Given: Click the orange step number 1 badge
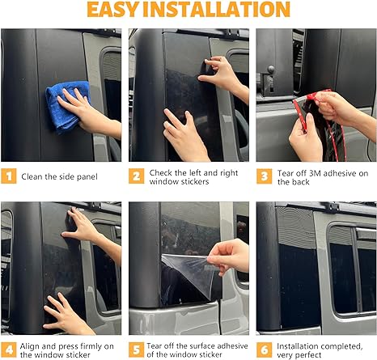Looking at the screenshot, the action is [9, 176].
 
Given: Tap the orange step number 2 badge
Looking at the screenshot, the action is [136, 176].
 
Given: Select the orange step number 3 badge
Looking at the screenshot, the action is [264, 176].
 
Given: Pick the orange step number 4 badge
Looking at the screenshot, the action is [9, 349].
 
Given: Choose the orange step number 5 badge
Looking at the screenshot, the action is [136, 349].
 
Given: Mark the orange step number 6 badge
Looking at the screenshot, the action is [264, 349].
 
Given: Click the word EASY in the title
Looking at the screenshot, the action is [113, 10].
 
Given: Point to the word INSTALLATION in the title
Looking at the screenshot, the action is [217, 10].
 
